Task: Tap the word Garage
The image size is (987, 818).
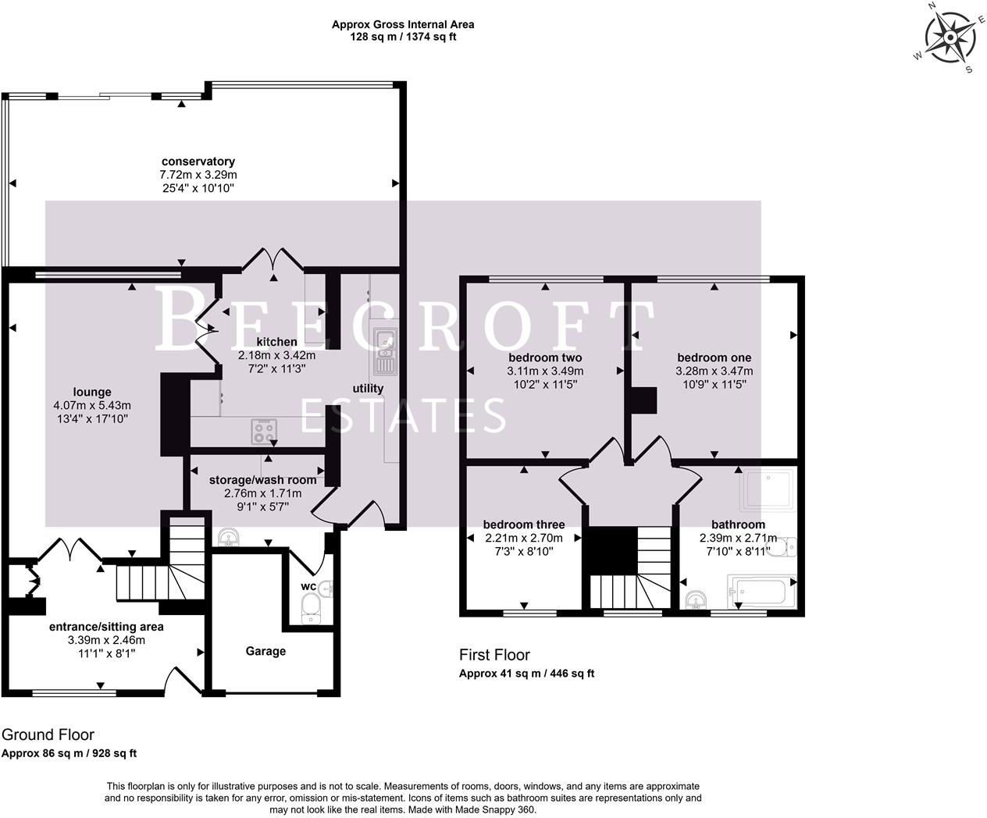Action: [265, 651]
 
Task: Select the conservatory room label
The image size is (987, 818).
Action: [198, 162]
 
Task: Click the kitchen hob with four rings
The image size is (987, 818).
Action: [264, 431]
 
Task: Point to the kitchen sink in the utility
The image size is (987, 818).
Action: [387, 351]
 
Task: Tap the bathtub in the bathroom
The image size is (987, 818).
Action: [761, 592]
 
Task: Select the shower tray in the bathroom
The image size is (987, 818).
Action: [768, 489]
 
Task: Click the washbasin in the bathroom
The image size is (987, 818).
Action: [696, 599]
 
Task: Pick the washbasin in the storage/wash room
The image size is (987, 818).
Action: [230, 537]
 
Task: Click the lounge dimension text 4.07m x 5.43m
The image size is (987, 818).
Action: [92, 405]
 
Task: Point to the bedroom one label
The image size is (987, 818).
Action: [714, 357]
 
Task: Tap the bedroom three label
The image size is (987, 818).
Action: [524, 525]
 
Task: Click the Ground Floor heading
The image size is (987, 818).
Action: [48, 734]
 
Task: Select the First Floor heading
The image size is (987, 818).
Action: [494, 655]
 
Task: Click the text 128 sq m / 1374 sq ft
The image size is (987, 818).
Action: [403, 37]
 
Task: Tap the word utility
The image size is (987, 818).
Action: [368, 389]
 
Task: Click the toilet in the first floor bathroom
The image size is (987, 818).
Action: [782, 546]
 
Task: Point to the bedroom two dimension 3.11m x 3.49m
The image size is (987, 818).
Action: [545, 372]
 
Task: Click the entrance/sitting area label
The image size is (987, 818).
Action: [106, 627]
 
